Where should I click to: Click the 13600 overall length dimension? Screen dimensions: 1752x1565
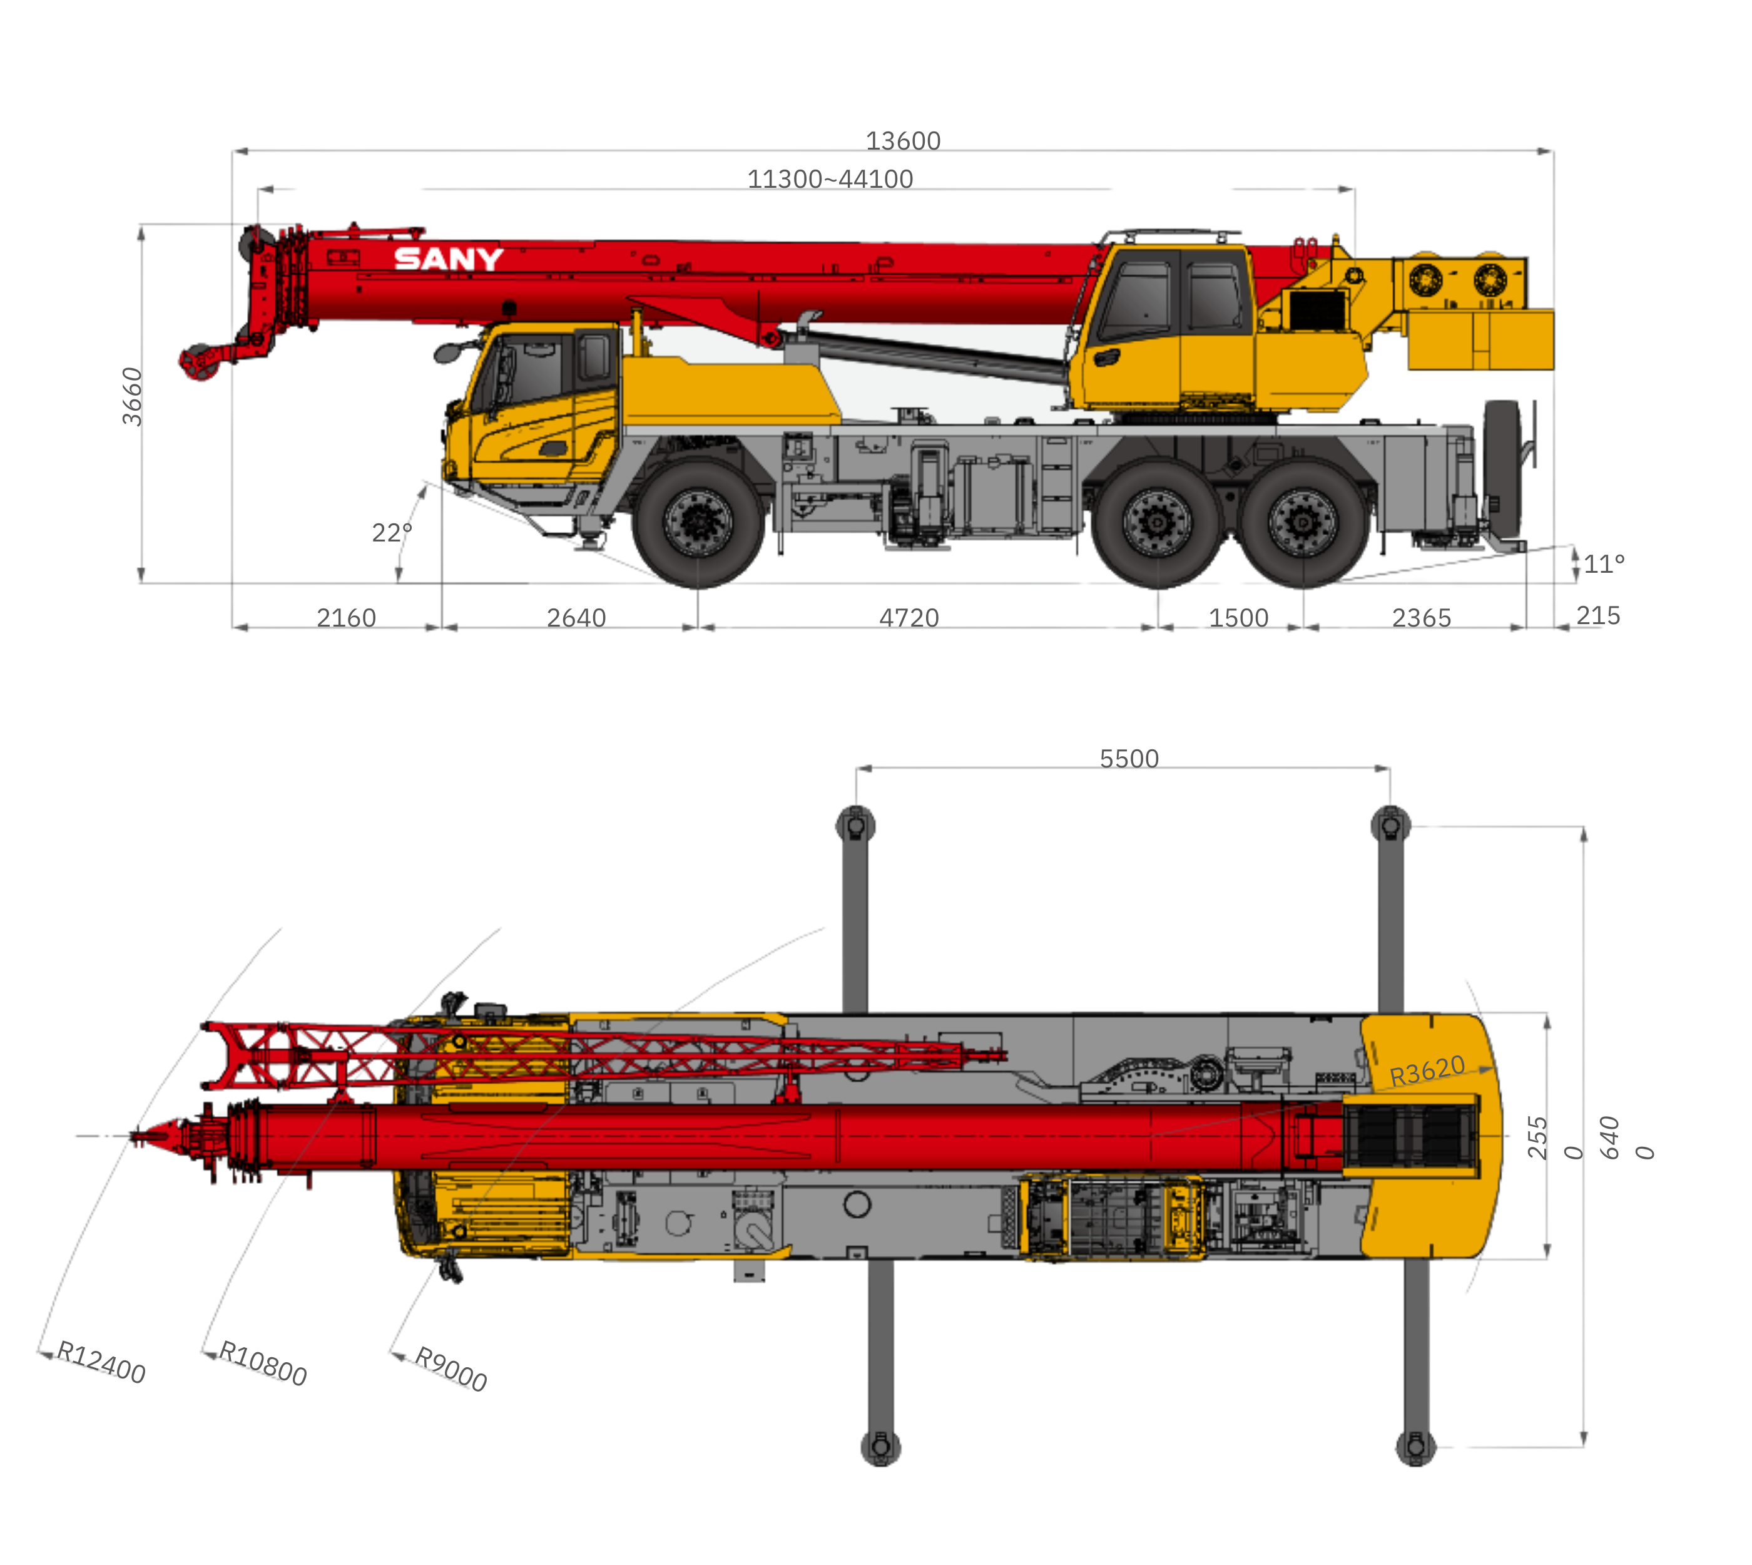903,140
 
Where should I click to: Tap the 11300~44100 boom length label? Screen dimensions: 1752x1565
830,179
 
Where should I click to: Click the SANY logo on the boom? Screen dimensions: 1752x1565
448,258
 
